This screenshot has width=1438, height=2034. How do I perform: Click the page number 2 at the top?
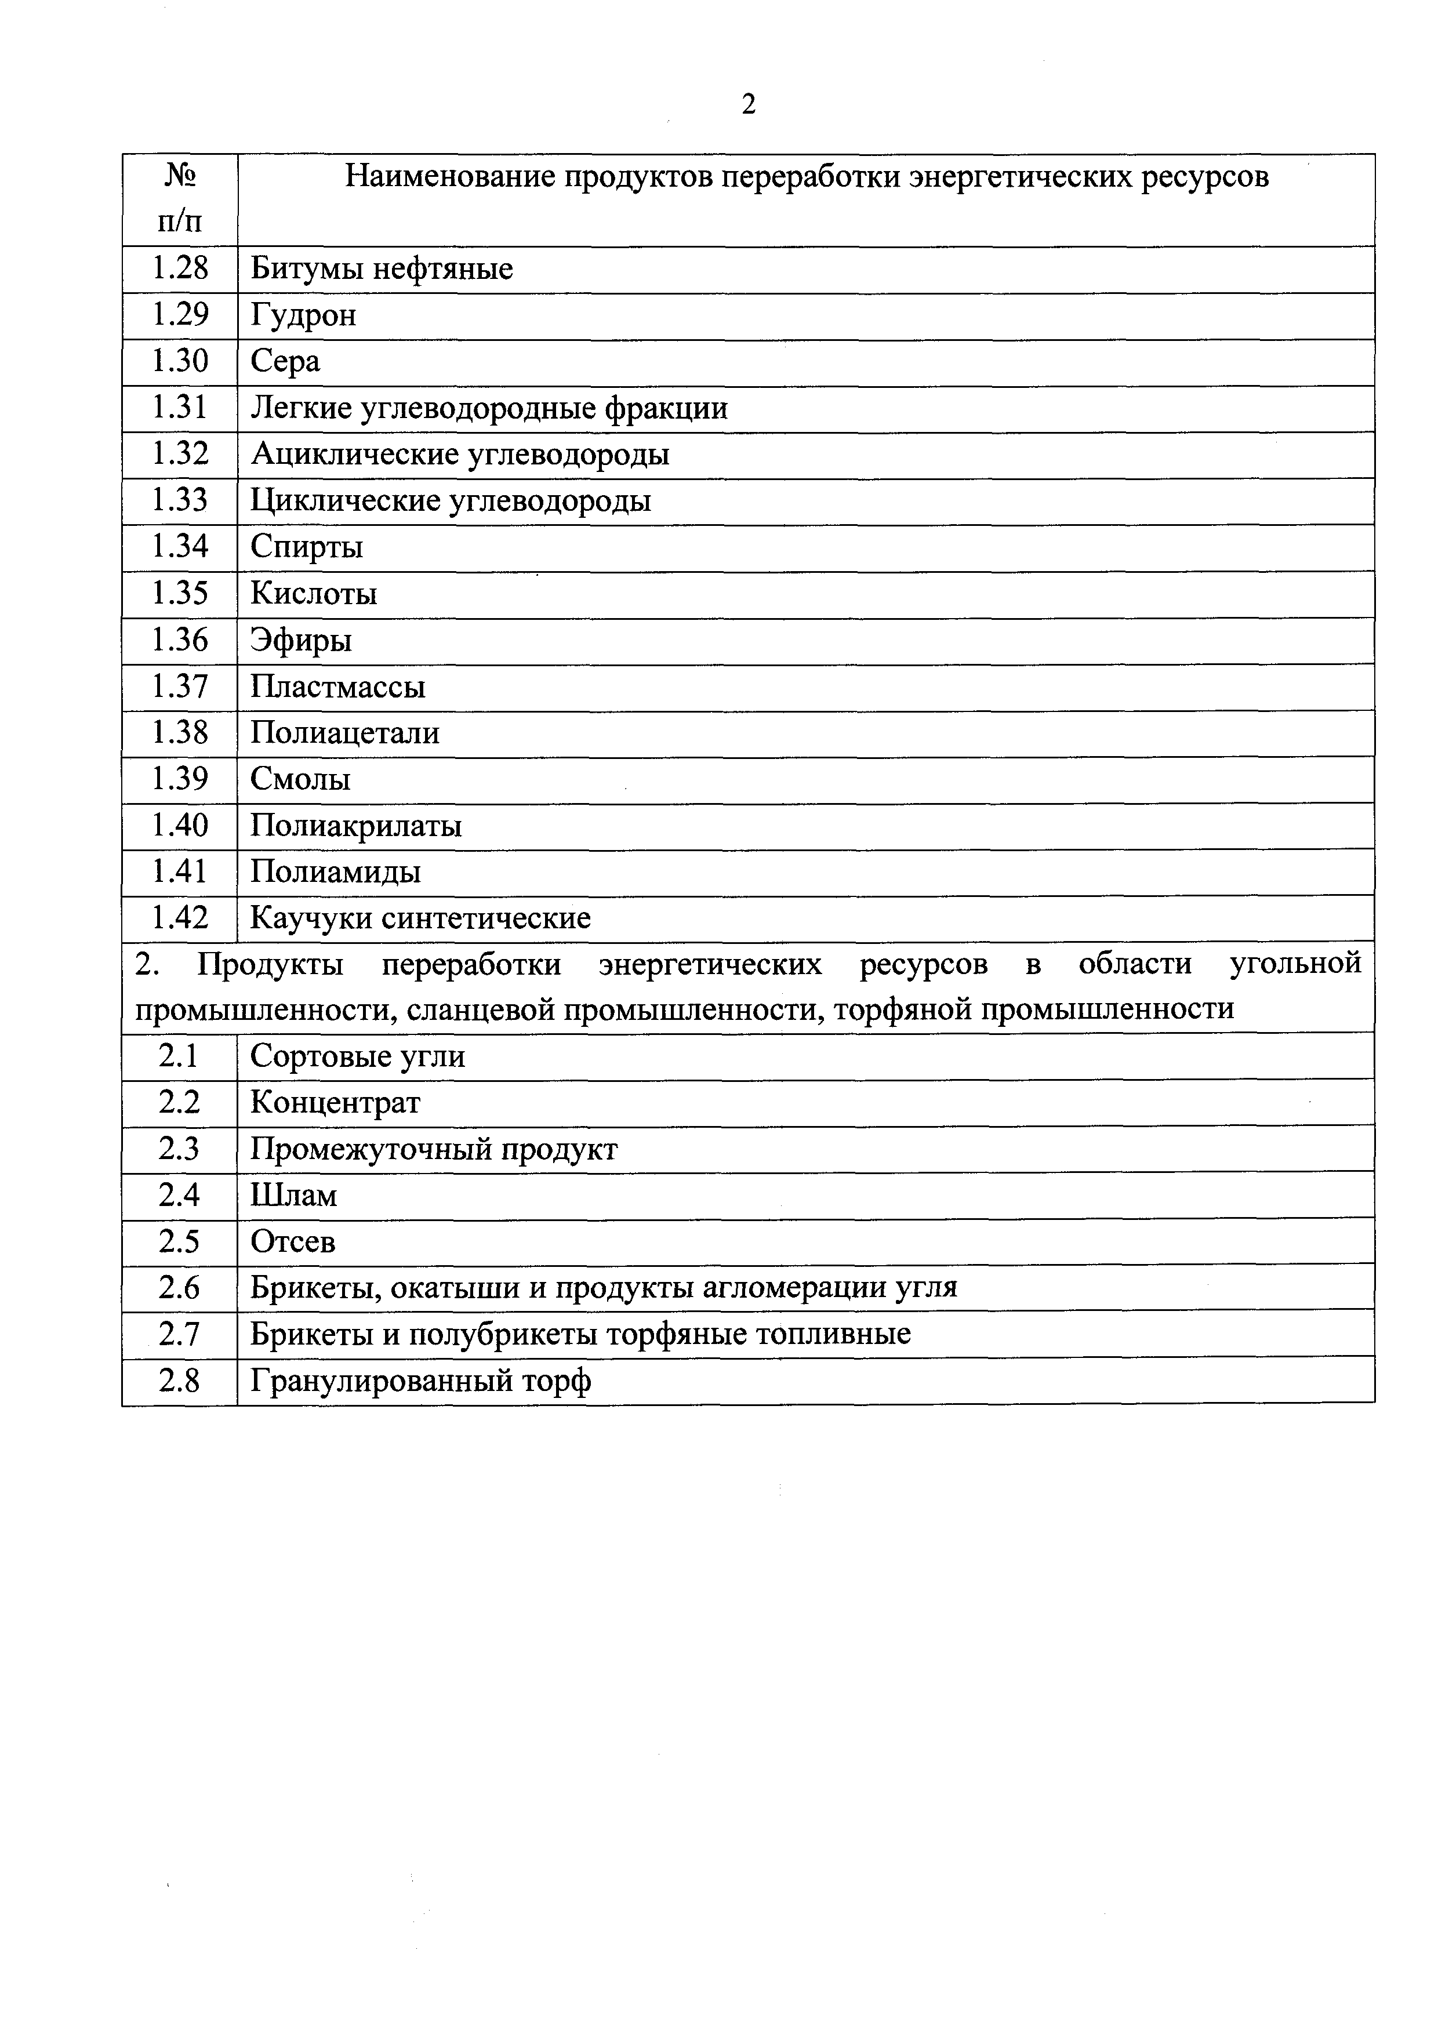[749, 104]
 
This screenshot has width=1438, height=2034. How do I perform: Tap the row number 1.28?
[180, 267]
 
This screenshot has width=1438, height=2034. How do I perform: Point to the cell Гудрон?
[303, 314]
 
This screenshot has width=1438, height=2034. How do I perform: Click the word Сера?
[285, 361]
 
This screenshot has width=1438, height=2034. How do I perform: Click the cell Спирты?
[307, 547]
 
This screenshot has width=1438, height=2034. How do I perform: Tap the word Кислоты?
[314, 593]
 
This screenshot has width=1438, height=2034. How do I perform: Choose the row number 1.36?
[180, 640]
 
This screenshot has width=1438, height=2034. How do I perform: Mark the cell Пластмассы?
[337, 687]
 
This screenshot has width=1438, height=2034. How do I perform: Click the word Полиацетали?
[344, 733]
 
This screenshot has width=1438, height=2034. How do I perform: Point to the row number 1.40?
[180, 826]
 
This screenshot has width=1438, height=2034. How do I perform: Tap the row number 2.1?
[180, 1056]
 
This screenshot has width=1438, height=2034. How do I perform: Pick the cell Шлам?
[293, 1196]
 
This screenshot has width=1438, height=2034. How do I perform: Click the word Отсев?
[292, 1241]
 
